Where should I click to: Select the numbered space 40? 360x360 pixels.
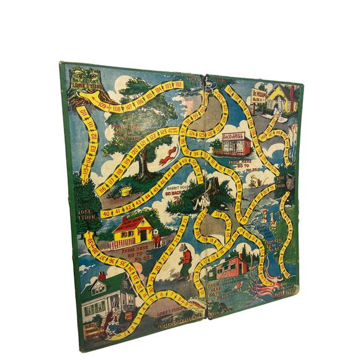106,213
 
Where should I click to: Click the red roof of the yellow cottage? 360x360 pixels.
132,222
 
